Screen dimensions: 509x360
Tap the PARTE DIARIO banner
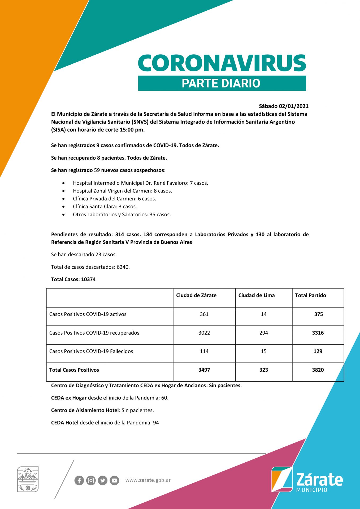coord(222,83)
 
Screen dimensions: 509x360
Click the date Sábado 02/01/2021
coord(284,106)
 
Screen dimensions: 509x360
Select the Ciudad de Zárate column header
coord(196,295)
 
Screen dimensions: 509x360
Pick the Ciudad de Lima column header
coord(257,295)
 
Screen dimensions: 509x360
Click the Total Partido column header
coord(310,295)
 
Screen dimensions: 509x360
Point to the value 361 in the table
coord(204,314)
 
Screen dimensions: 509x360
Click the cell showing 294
coord(263,333)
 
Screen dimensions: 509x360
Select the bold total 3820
coord(318,370)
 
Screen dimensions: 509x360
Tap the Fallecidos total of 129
coord(318,352)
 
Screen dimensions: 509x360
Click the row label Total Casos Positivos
coord(74,370)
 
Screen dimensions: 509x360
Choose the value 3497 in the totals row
coord(204,370)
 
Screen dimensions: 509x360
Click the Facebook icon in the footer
coord(79,480)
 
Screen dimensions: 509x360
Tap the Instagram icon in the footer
coord(91,480)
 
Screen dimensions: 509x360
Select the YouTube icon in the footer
coord(114,480)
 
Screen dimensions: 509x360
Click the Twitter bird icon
coord(103,480)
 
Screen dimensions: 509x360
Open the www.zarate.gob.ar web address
coord(148,480)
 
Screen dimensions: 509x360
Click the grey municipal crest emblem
coord(28,479)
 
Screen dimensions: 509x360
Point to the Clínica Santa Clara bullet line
coord(105,207)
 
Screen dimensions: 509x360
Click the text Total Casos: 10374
coord(73,279)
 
